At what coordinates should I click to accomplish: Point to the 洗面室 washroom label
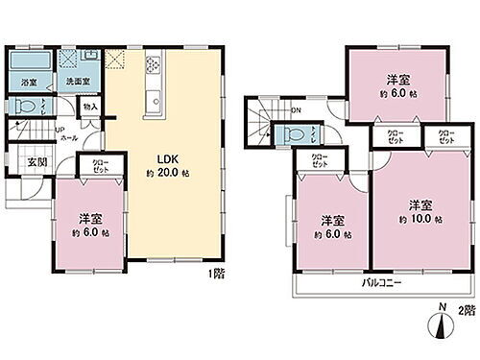(x=77, y=83)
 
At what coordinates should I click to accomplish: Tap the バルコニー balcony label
(x=381, y=283)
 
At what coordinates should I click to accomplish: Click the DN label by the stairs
(x=296, y=108)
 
